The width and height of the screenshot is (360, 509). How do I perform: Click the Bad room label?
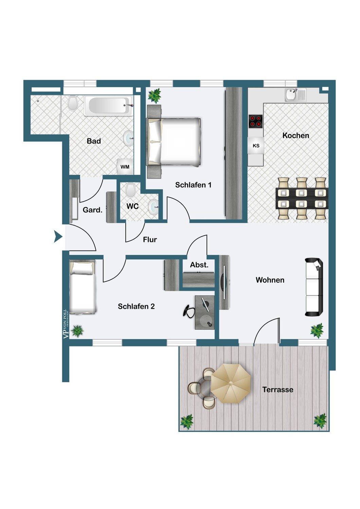pos(94,141)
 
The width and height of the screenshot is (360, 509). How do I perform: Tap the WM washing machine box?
pos(125,167)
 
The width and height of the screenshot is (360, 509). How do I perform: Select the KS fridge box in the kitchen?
pos(256,146)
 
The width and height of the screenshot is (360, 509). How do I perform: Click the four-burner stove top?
pos(256,121)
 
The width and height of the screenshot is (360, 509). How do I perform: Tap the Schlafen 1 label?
pos(193,185)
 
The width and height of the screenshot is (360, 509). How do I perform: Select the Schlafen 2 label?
pos(136,306)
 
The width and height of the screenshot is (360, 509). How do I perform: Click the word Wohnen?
pos(270,280)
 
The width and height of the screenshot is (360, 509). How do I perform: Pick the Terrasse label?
pos(278,390)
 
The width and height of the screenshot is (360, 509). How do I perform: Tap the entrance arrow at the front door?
pos(58,237)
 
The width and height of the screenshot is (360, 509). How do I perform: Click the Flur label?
pos(150,240)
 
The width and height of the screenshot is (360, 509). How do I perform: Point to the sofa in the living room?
pos(314,287)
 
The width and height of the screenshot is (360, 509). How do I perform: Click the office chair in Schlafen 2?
pos(188,310)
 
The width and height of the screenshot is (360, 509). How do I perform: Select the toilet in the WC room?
pos(130,190)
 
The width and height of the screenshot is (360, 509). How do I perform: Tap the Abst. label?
pos(199,265)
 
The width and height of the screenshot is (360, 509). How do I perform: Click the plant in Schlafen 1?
pos(155,96)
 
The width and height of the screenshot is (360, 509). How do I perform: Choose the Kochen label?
pos(295,135)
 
